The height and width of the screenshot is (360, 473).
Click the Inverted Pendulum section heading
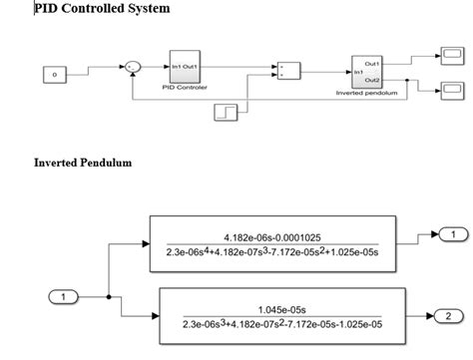coord(83,162)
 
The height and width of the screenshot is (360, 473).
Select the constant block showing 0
coord(55,75)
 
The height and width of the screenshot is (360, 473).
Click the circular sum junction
coord(132,67)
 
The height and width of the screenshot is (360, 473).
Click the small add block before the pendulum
coord(287,72)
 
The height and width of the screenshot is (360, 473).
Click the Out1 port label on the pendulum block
coord(373,63)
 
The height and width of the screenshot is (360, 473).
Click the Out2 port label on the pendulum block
coord(373,80)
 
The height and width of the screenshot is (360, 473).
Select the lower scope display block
coord(451,92)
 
